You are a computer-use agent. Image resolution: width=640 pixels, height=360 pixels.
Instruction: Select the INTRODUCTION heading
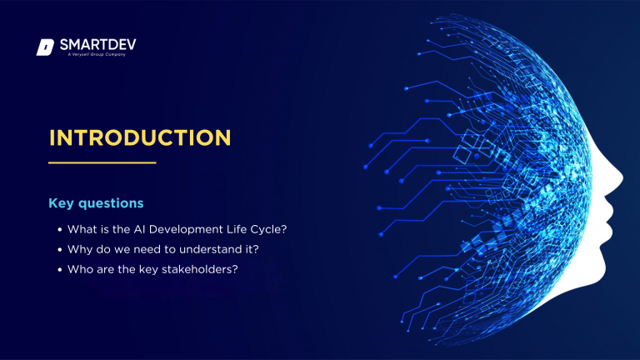[x=139, y=137]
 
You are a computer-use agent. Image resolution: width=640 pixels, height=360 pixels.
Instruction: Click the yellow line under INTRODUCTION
[x=102, y=162]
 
